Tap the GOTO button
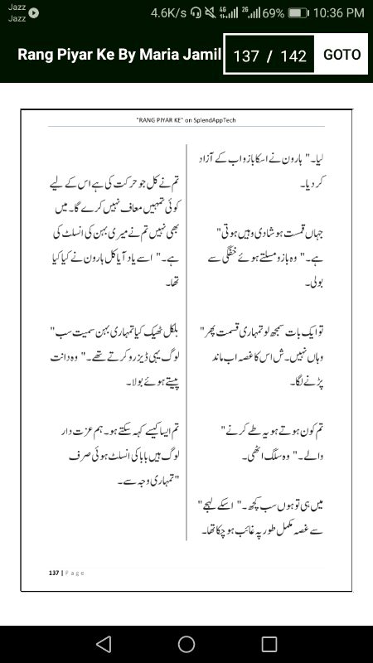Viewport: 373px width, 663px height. [342, 55]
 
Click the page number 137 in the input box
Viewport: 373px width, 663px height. [246, 56]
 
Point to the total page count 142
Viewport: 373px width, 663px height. [293, 56]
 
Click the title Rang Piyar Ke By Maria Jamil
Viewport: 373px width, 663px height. [120, 55]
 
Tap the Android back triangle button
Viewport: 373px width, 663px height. [104, 644]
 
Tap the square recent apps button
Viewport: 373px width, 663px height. [269, 644]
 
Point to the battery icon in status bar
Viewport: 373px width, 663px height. [299, 12]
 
